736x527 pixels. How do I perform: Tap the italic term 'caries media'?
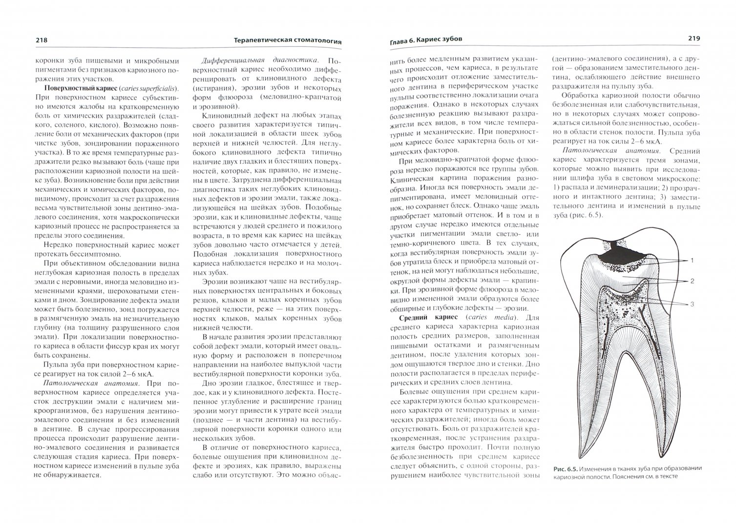[x=482, y=317]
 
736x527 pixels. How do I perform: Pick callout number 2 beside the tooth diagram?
[x=693, y=281]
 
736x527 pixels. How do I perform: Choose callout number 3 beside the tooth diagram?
[x=693, y=304]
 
